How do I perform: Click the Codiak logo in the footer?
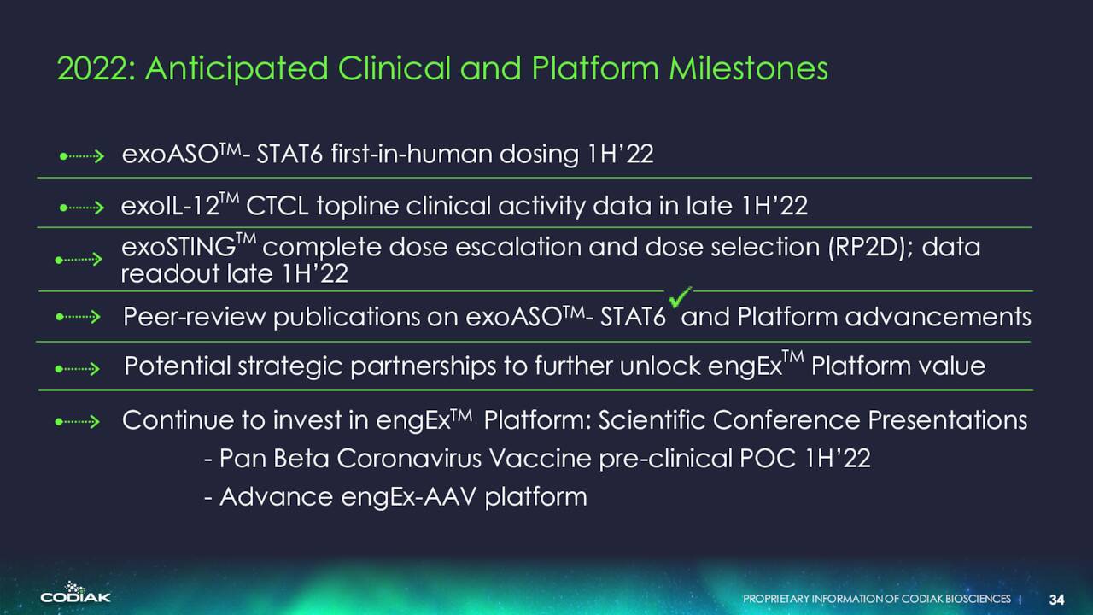click(x=76, y=593)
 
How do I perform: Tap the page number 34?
click(x=1057, y=600)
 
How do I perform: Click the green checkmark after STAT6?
click(x=681, y=297)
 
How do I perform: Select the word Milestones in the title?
click(x=748, y=68)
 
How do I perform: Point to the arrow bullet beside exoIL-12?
click(x=82, y=208)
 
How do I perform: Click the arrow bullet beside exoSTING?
click(x=79, y=259)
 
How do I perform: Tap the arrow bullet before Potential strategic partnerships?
click(x=78, y=368)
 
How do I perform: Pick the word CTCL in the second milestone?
click(x=278, y=206)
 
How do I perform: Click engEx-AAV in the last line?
click(x=409, y=497)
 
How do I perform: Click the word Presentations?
click(x=948, y=420)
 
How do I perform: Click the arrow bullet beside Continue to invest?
click(x=78, y=421)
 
